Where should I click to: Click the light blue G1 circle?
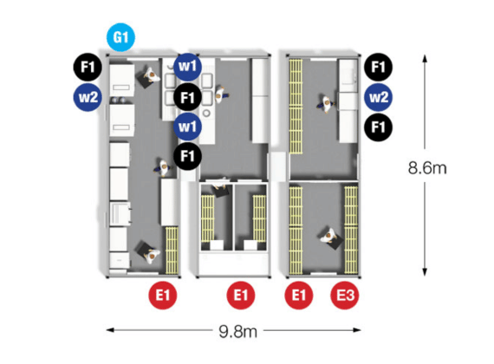[121, 37]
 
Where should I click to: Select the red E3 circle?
[345, 296]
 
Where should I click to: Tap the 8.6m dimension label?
[427, 167]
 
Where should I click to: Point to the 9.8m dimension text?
[237, 331]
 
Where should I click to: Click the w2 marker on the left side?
[88, 97]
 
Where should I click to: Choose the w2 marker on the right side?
[379, 97]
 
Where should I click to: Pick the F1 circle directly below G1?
[88, 67]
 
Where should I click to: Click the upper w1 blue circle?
[188, 67]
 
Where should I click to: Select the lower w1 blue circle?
[188, 127]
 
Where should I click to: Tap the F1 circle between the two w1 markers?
[188, 97]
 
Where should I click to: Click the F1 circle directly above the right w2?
[379, 67]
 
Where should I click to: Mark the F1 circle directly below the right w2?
[379, 127]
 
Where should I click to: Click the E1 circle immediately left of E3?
[299, 296]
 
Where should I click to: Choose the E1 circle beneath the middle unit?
[241, 296]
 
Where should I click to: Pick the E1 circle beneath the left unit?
[163, 296]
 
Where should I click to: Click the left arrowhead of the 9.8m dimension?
[107, 330]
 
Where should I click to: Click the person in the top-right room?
[325, 103]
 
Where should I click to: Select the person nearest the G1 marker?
[151, 75]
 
